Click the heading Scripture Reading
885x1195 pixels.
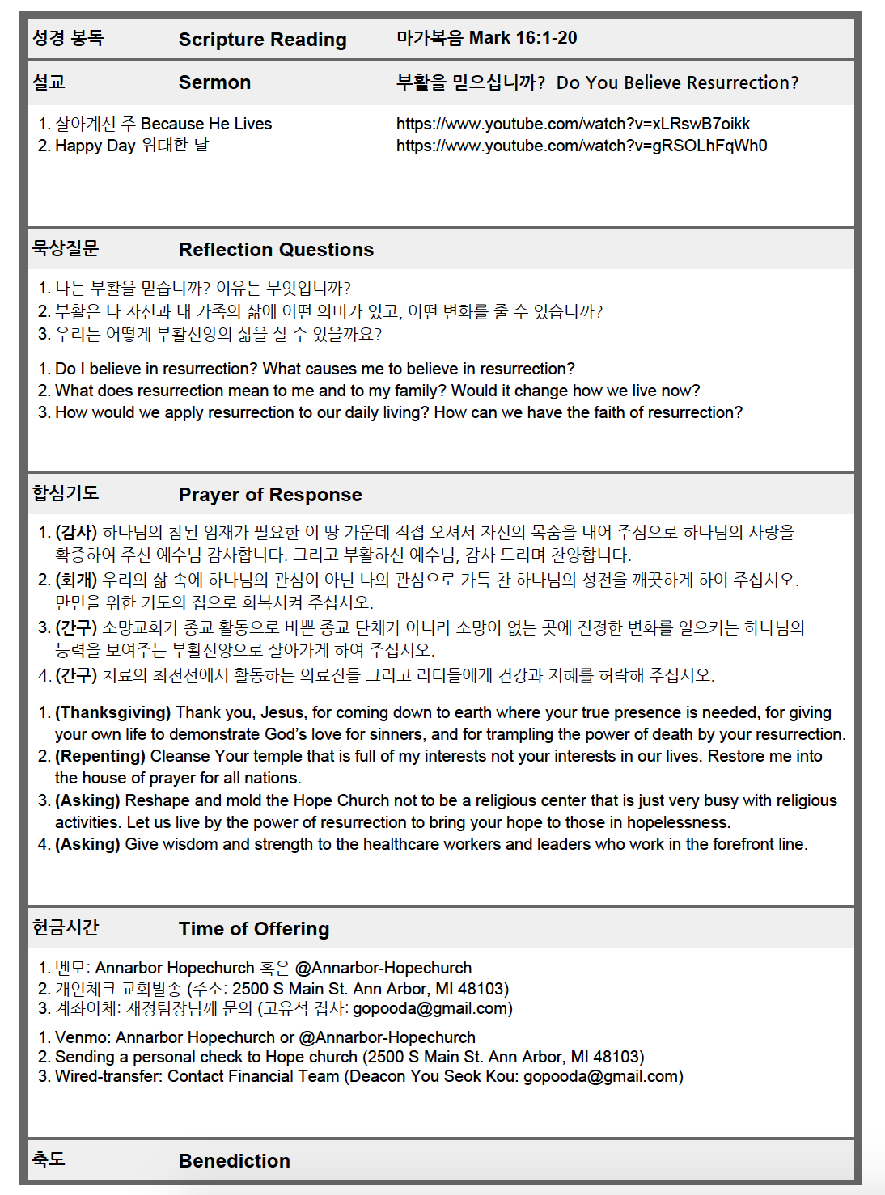pyautogui.click(x=262, y=40)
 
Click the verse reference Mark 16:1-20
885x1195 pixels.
pyautogui.click(x=523, y=38)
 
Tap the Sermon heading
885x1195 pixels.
pyautogui.click(x=214, y=82)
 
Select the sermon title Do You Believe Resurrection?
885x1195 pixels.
pyautogui.click(x=677, y=82)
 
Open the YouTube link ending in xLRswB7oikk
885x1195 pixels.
pyautogui.click(x=573, y=124)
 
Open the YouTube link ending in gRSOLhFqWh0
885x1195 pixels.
pyautogui.click(x=581, y=146)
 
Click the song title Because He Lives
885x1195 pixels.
pyautogui.click(x=206, y=124)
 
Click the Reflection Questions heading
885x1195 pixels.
pyautogui.click(x=276, y=250)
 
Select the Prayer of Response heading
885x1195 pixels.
pyautogui.click(x=270, y=495)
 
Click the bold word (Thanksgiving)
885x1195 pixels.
pyautogui.click(x=112, y=712)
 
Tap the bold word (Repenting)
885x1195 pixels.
pyautogui.click(x=100, y=756)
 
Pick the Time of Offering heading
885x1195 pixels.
pyautogui.click(x=254, y=929)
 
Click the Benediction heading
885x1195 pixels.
pyautogui.click(x=234, y=1161)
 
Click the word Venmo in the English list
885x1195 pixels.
pyautogui.click(x=80, y=1037)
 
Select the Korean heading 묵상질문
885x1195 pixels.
pyautogui.click(x=66, y=248)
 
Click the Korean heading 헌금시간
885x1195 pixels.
pyautogui.click(x=66, y=927)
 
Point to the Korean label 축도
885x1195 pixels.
pyautogui.click(x=49, y=1159)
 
